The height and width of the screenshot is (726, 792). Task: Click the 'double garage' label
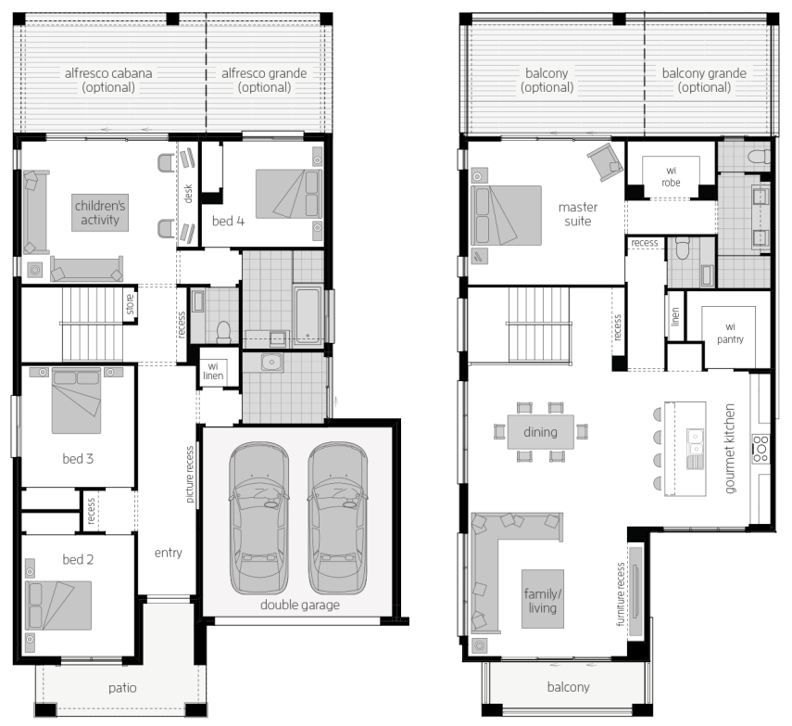click(x=300, y=605)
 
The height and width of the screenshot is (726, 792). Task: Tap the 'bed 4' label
click(x=228, y=221)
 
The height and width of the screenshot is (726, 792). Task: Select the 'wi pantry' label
click(x=730, y=333)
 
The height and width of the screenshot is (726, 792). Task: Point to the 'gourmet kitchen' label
click(x=729, y=448)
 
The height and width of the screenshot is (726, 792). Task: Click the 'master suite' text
click(x=578, y=214)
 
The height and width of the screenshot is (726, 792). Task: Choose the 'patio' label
click(x=122, y=688)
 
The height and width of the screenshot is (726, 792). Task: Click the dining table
click(x=540, y=432)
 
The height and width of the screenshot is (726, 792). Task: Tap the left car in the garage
click(x=259, y=518)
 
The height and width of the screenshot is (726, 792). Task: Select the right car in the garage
click(x=337, y=518)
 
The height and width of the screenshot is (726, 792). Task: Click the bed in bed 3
click(x=76, y=401)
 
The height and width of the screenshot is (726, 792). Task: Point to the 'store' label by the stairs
click(x=131, y=304)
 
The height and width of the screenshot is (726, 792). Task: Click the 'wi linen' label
click(x=213, y=371)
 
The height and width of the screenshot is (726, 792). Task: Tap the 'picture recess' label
click(x=190, y=474)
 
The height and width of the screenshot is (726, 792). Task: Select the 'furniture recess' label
click(x=621, y=594)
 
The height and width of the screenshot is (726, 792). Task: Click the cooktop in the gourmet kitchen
click(x=761, y=448)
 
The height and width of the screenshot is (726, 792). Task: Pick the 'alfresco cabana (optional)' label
click(x=108, y=80)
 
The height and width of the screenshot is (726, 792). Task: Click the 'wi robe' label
click(x=671, y=176)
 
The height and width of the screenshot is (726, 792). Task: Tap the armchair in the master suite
click(x=605, y=161)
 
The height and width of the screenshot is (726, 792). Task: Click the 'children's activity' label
click(x=100, y=213)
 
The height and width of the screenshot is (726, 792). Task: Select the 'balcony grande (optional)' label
click(x=704, y=80)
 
